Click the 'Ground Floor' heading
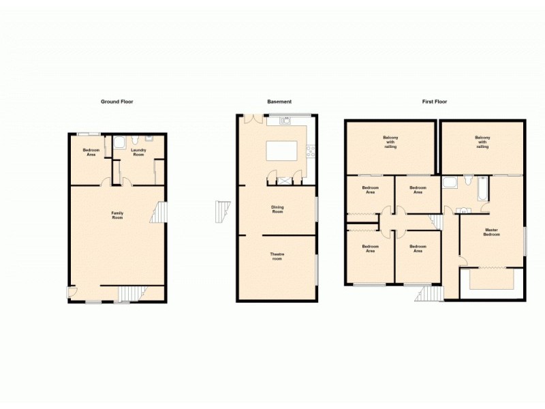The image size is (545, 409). click(117, 102)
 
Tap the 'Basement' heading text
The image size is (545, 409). click(279, 102)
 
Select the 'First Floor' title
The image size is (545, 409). click(435, 102)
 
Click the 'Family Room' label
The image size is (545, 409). click(117, 215)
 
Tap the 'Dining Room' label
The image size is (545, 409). click(277, 209)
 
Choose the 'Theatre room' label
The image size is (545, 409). click(277, 256)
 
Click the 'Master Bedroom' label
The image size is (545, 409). click(492, 232)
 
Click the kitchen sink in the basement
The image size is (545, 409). click(286, 121)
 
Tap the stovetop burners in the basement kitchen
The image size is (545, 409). click(311, 151)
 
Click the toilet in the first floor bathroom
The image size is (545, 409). click(468, 180)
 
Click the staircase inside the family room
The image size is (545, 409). click(159, 212)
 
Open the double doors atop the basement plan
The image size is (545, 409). click(253, 118)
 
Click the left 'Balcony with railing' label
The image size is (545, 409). click(390, 142)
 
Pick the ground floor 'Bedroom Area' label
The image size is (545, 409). click(91, 152)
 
